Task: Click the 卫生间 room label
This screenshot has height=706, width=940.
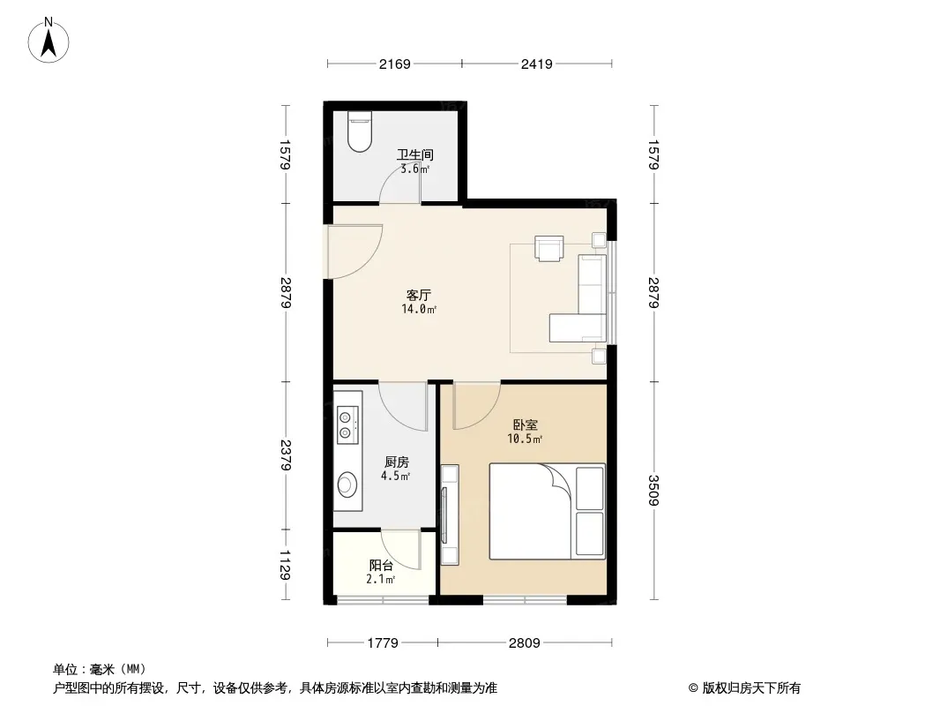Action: [x=414, y=155]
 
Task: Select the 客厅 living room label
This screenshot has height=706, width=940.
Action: [x=418, y=296]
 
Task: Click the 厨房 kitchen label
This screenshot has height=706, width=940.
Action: [x=396, y=462]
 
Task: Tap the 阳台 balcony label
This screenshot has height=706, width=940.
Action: [x=381, y=566]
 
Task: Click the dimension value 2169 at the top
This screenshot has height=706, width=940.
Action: [x=394, y=64]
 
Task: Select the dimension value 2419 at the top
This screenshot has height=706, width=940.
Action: [x=536, y=64]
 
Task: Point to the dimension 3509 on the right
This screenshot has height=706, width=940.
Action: [x=653, y=491]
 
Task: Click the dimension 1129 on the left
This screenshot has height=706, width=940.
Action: [x=286, y=565]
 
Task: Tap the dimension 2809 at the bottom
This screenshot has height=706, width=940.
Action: [x=524, y=642]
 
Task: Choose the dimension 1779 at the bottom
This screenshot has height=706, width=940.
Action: [x=383, y=642]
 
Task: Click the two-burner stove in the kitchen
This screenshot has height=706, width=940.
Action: [x=348, y=422]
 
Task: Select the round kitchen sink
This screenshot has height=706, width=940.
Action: [x=348, y=484]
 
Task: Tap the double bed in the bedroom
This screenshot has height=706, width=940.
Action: [x=547, y=512]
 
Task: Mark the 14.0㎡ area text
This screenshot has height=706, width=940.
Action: [x=418, y=310]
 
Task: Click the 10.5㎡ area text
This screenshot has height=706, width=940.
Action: [x=525, y=439]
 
